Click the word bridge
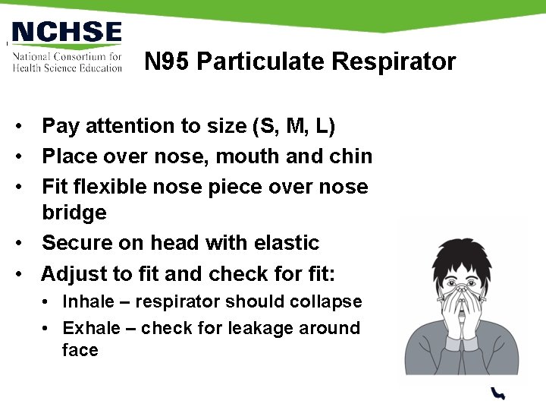coord(74,213)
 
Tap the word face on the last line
coord(80,350)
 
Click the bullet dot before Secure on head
coord(26,244)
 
